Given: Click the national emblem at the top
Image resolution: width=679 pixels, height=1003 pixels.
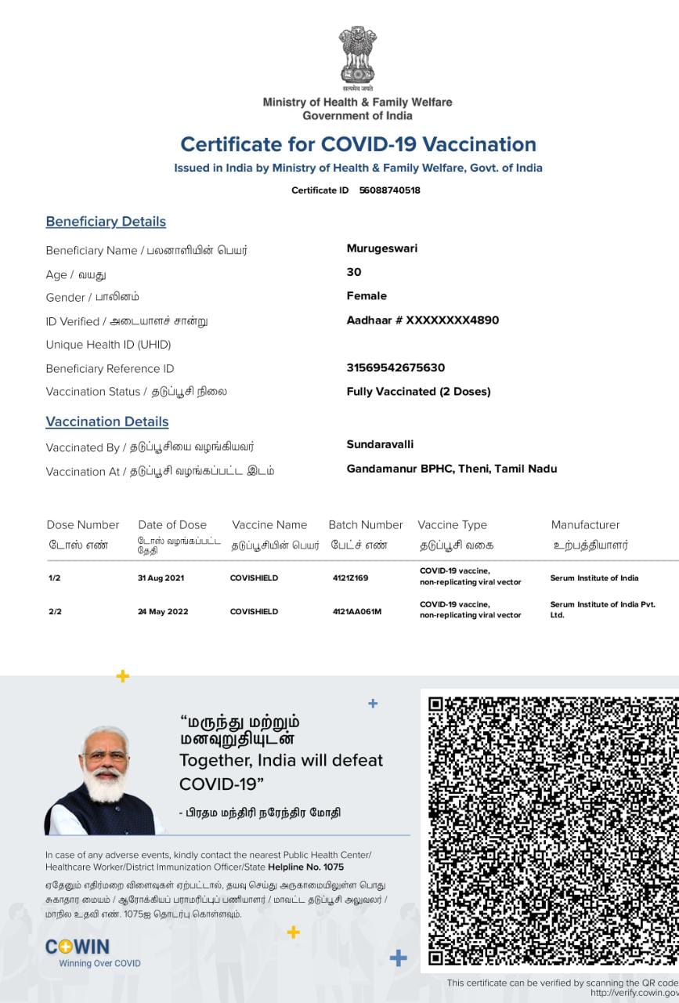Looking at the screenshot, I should (x=357, y=56).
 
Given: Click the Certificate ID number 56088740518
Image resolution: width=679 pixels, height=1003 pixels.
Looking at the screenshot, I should (x=389, y=190).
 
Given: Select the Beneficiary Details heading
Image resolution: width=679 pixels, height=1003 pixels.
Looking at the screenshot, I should (x=106, y=222).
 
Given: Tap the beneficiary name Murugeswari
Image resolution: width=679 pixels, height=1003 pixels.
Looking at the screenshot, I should (x=382, y=248).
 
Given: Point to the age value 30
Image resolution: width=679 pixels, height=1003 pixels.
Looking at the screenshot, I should (x=354, y=272).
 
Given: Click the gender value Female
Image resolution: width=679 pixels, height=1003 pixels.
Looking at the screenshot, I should (x=367, y=295).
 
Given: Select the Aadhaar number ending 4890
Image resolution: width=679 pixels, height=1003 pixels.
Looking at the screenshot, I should (x=422, y=320).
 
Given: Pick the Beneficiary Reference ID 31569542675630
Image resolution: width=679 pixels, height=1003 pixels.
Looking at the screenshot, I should (x=395, y=368).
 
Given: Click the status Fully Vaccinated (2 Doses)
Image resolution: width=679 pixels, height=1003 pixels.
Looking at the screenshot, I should (x=418, y=391).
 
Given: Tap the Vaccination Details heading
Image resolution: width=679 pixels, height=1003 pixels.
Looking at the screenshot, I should (x=107, y=422).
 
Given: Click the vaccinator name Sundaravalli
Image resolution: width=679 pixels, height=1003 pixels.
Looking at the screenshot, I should (x=380, y=444).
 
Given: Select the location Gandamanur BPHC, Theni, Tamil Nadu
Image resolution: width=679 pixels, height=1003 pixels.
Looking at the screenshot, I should (x=452, y=469).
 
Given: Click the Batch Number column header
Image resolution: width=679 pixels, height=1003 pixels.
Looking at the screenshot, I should (x=366, y=525).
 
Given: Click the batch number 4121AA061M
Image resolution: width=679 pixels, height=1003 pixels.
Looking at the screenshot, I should (x=357, y=611).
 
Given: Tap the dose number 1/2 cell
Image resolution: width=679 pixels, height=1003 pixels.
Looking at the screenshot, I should (x=54, y=578).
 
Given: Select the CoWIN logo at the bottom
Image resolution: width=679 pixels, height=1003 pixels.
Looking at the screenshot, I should (x=78, y=947).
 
